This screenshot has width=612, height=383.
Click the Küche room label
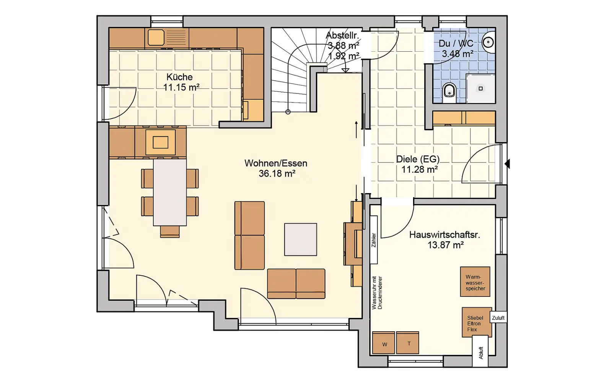[179, 77]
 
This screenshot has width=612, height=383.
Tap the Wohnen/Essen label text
[276, 163]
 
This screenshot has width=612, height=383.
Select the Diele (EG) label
[418, 159]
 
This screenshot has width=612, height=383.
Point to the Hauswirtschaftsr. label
[445, 235]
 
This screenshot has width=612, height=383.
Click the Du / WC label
[456, 44]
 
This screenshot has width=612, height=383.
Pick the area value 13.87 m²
[445, 245]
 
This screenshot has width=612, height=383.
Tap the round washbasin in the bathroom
[488, 42]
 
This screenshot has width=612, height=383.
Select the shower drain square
[480, 88]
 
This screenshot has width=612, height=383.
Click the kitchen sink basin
[156, 37]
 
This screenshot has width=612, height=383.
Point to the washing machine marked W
[384, 343]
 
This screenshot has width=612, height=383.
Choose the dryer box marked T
[407, 343]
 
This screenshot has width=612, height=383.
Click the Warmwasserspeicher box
[475, 282]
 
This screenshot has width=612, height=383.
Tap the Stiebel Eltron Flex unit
[477, 322]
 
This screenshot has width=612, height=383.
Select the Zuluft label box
[498, 318]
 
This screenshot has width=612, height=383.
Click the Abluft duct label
[481, 353]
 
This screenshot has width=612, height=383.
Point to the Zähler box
[374, 240]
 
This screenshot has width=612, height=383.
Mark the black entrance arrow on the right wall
[507, 164]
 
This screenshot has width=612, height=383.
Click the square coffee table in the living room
[301, 239]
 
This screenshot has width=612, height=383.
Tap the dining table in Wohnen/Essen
[170, 192]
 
